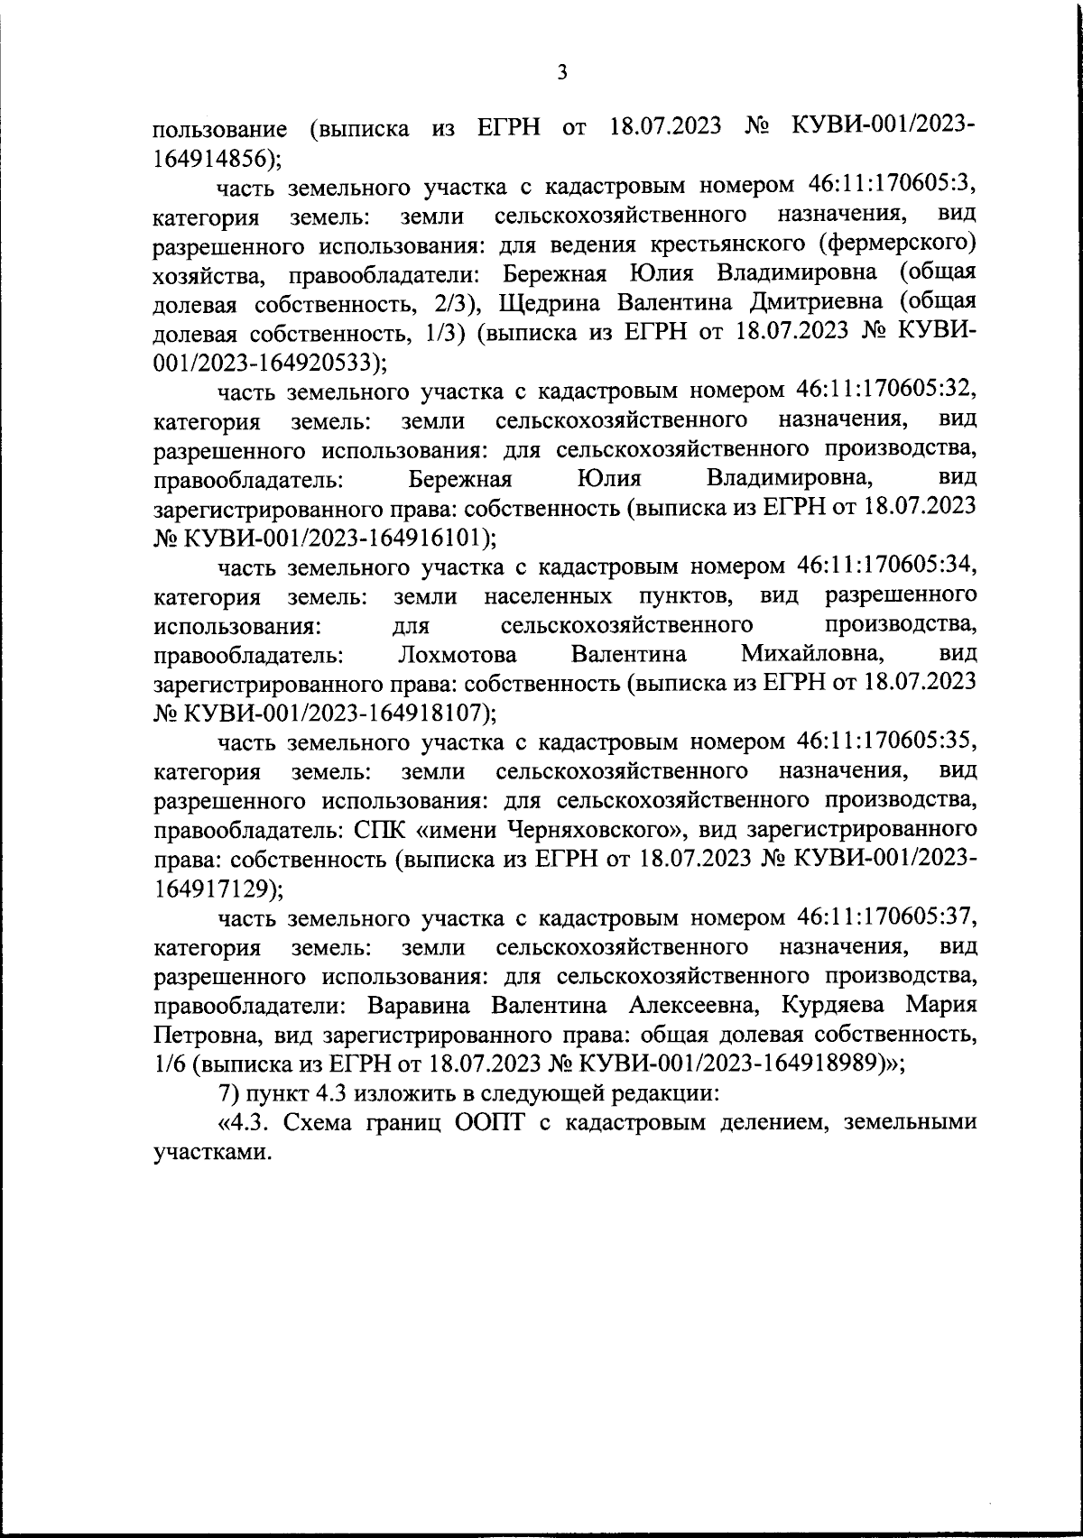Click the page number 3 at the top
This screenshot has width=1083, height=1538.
point(562,73)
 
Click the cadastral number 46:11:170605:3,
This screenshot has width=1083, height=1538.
point(888,186)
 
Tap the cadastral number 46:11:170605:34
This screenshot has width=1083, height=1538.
point(888,566)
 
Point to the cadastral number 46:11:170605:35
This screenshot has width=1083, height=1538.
point(888,742)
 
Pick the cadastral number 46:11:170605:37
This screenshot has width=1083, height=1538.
point(888,918)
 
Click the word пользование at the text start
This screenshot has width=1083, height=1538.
point(221,128)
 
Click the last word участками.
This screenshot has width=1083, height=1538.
point(214,1153)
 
